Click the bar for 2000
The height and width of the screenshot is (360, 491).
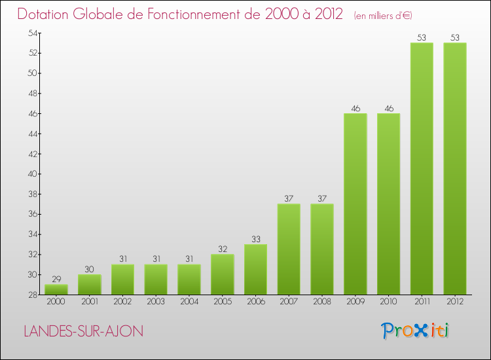[56, 289]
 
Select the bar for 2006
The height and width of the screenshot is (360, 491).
[255, 270]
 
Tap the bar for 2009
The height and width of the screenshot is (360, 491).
[355, 204]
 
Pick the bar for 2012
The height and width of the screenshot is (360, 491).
[455, 169]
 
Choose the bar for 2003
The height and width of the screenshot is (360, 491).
[156, 279]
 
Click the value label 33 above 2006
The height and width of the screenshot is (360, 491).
[255, 239]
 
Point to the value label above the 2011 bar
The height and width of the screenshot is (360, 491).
[422, 37]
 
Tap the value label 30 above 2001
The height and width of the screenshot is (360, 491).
[90, 269]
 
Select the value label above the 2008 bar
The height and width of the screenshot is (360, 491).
[322, 198]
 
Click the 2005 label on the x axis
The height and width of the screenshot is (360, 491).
[222, 302]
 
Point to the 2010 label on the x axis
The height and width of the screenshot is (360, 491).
[388, 302]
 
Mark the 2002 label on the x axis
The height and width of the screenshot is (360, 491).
[122, 302]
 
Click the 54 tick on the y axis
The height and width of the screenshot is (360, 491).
[31, 33]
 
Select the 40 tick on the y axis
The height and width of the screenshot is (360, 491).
[31, 174]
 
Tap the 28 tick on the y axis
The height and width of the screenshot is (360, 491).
[31, 295]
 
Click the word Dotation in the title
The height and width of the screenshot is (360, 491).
[45, 14]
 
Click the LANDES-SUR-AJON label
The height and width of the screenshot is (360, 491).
[83, 331]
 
